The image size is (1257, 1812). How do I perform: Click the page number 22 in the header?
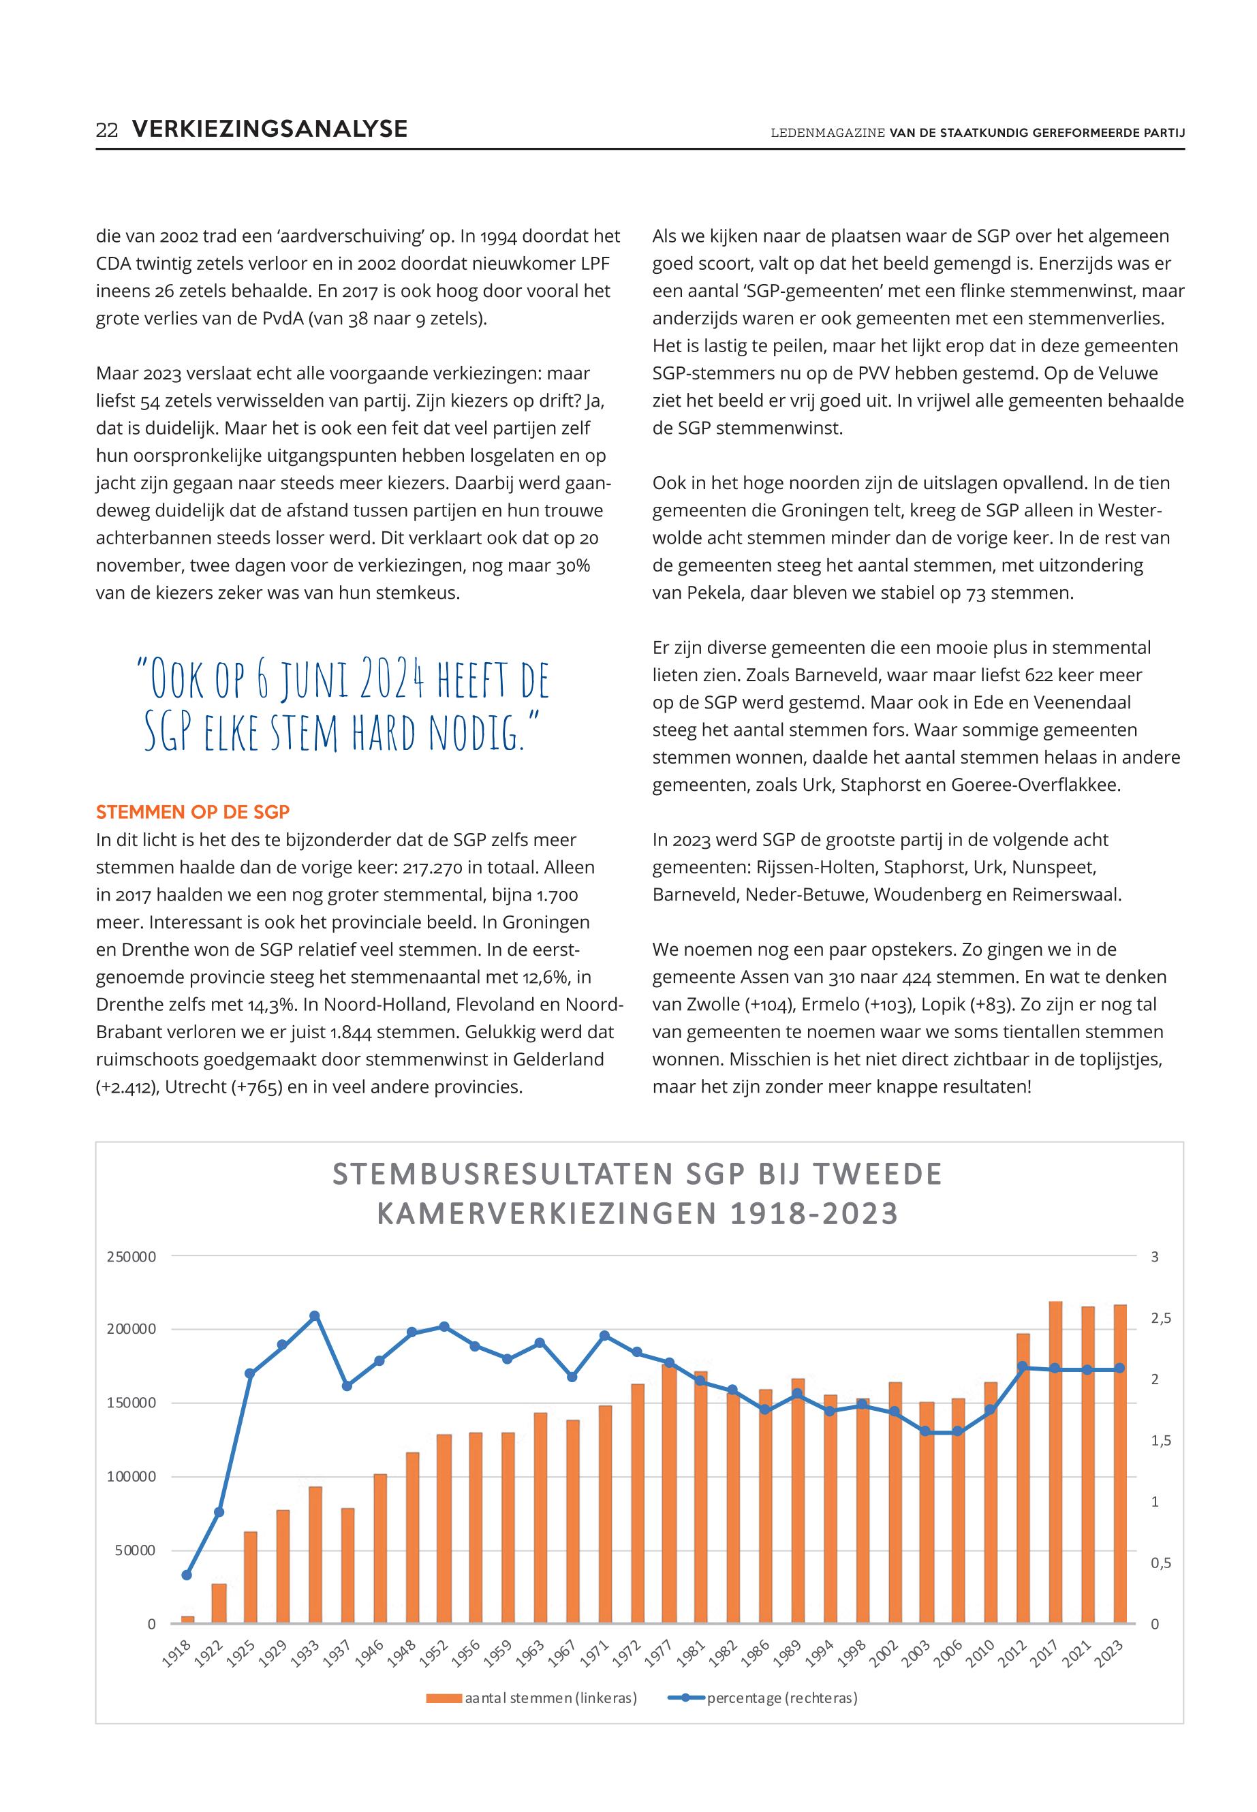(106, 130)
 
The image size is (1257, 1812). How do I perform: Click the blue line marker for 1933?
(314, 1316)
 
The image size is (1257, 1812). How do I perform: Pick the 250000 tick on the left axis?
(131, 1257)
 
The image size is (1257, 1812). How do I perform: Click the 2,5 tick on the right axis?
(1160, 1318)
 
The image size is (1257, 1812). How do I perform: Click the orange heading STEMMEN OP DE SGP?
(192, 812)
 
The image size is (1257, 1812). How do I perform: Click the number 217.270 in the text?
(434, 867)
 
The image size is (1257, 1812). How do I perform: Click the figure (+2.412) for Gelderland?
(127, 1087)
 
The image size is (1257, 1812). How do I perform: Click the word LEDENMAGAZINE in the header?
(828, 133)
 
